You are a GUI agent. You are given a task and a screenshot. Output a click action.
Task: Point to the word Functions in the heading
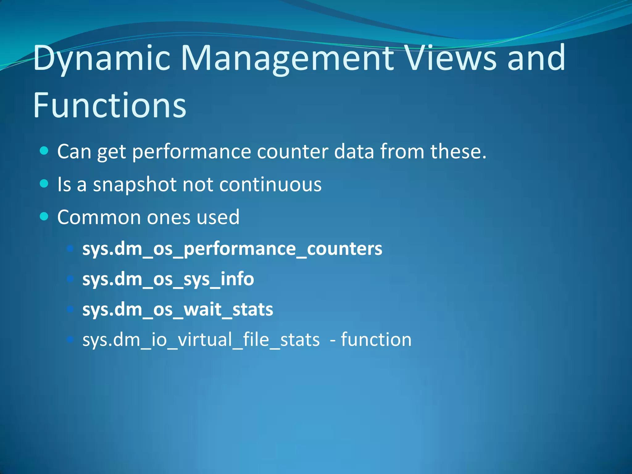110,106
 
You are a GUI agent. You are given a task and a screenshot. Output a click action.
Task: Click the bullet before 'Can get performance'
44,151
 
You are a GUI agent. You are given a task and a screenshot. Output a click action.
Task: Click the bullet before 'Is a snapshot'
44,184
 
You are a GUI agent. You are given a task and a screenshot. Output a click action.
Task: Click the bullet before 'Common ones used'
44,217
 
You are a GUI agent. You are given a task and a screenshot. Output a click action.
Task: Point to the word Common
99,217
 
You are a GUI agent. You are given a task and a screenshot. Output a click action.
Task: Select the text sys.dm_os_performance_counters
232,249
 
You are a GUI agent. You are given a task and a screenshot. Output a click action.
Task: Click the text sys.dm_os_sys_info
168,279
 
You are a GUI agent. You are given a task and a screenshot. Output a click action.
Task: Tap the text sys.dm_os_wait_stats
178,309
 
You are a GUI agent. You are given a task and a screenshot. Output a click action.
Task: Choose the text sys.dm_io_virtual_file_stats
201,340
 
